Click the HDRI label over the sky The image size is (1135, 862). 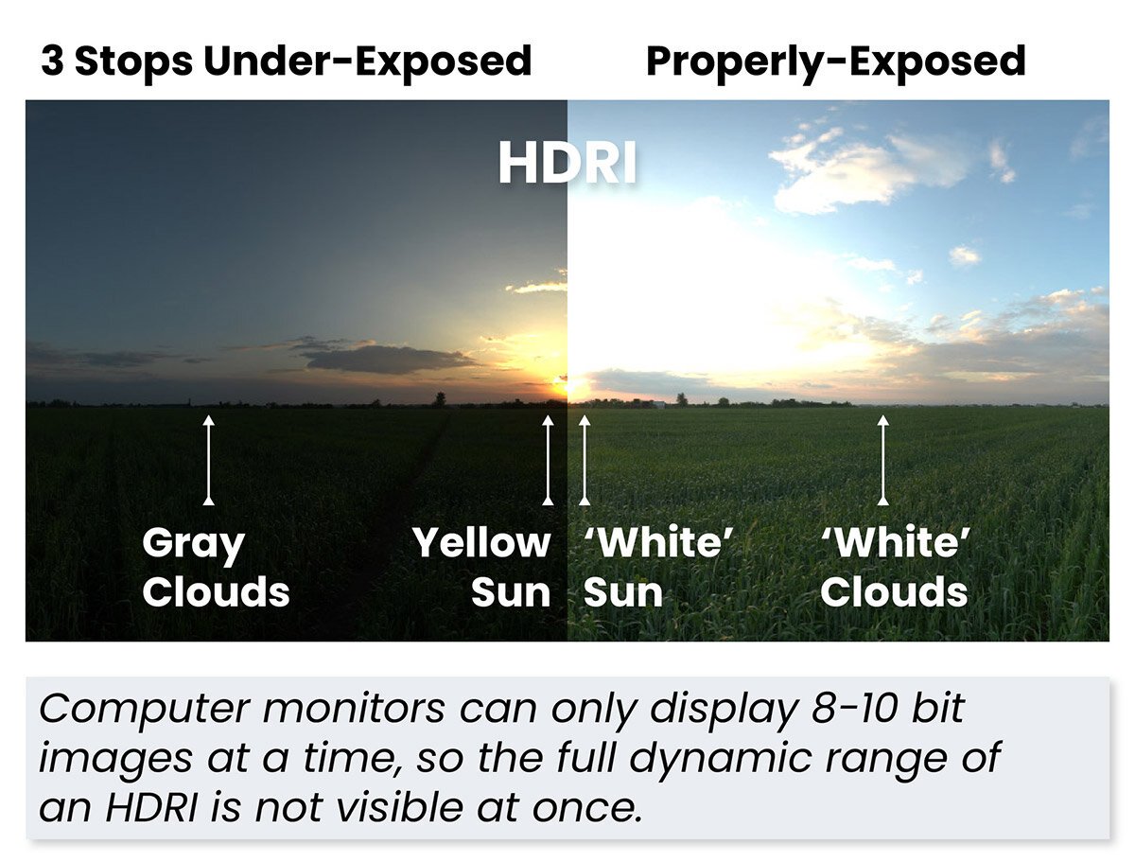point(567,165)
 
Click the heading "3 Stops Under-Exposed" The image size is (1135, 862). point(286,62)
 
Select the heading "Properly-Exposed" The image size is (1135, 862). point(835,62)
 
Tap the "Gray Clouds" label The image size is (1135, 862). point(216,568)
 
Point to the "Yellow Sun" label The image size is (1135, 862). point(481,568)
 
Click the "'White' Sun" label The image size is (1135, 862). point(658,568)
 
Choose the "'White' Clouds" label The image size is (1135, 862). point(895,568)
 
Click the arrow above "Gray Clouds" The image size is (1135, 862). point(209,459)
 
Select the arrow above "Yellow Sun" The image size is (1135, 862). point(547,459)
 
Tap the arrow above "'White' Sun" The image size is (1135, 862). point(585,459)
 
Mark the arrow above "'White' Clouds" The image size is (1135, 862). point(883,459)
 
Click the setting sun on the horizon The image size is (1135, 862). point(565,385)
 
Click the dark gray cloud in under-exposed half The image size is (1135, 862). point(388,359)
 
